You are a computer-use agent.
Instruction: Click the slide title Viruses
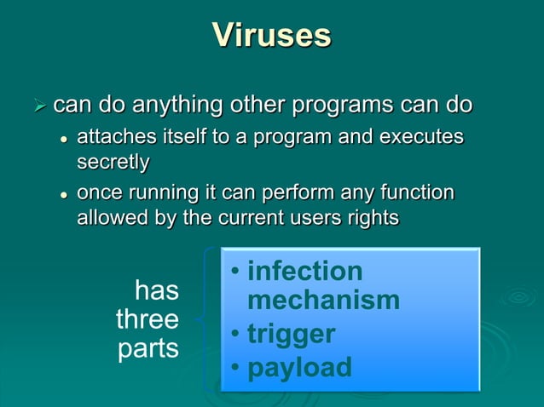pos(271,36)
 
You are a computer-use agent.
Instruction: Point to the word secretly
pos(113,161)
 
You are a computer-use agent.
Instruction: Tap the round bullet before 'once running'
pos(63,194)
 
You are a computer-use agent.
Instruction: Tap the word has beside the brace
pos(157,291)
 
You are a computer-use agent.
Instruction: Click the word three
pos(148,320)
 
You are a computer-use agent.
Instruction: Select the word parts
pos(148,349)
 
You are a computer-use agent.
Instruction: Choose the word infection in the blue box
pos(304,272)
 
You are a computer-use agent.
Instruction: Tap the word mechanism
pos(323,300)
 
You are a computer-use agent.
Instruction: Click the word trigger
pos(291,334)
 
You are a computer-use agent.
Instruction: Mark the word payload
pos(298,367)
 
